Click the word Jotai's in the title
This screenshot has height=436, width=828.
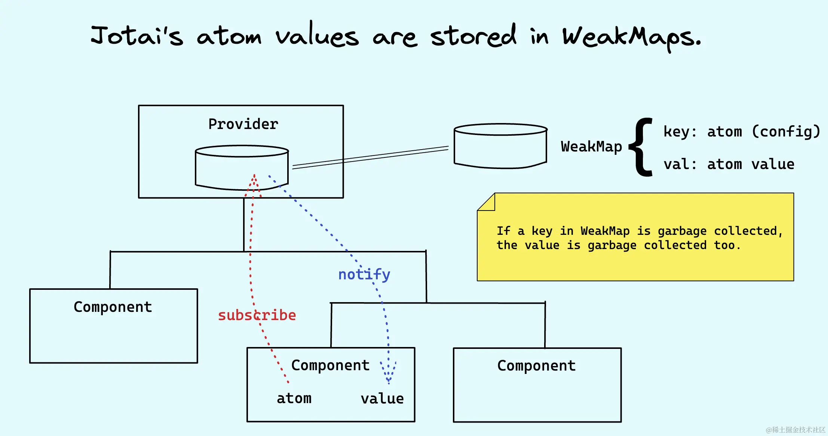(137, 36)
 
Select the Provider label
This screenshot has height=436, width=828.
(243, 124)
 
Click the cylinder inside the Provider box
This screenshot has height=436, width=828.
(242, 168)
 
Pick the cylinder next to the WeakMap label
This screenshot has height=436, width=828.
(501, 146)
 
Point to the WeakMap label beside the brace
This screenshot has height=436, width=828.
(591, 147)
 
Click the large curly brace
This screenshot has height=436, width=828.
(641, 147)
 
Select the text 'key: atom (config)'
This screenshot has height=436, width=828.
(742, 132)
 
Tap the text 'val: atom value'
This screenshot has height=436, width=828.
(729, 164)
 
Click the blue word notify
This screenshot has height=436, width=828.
(364, 274)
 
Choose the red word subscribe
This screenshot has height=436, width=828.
(257, 315)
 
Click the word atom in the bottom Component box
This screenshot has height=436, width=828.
(294, 399)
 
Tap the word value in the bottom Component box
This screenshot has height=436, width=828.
(382, 399)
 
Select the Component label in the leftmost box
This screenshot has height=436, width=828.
(113, 307)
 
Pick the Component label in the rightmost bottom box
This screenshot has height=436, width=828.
(537, 366)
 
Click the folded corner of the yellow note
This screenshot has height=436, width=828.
(486, 202)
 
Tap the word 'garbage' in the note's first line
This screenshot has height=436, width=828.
(682, 231)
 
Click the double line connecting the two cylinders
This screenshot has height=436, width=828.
(370, 157)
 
